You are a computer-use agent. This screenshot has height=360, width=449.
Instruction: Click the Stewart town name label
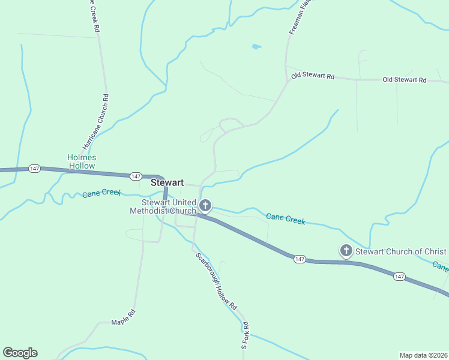pyautogui.click(x=167, y=182)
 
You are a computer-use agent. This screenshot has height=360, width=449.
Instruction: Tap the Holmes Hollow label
pyautogui.click(x=81, y=161)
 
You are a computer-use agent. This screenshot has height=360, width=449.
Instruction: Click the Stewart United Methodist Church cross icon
pyautogui.click(x=205, y=206)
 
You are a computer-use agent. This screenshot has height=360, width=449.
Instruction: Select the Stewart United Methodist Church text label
pyautogui.click(x=163, y=206)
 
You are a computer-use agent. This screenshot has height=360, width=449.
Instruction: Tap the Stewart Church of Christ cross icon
pyautogui.click(x=346, y=251)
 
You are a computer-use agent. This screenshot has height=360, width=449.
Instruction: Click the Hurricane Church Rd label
pyautogui.click(x=95, y=122)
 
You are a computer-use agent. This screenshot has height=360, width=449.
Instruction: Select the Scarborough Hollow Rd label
pyautogui.click(x=217, y=280)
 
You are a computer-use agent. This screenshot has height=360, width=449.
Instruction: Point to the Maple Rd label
pyautogui.click(x=124, y=316)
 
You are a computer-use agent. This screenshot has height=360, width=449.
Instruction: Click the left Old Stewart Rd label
pyautogui.click(x=313, y=76)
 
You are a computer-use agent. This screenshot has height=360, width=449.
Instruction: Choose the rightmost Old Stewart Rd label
pyautogui.click(x=404, y=80)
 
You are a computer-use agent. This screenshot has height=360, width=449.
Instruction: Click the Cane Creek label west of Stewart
pyautogui.click(x=101, y=193)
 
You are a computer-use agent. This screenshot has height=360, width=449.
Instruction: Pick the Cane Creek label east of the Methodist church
pyautogui.click(x=286, y=220)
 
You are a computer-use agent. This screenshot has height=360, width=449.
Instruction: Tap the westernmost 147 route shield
pyautogui.click(x=34, y=169)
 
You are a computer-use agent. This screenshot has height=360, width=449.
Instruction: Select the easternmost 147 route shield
pyautogui.click(x=400, y=276)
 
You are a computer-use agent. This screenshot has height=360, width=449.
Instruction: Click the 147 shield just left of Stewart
pyautogui.click(x=136, y=176)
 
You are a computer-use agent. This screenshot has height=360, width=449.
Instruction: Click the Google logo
pyautogui.click(x=20, y=353)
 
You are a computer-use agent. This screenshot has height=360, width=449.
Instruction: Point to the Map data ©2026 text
pyautogui.click(x=423, y=355)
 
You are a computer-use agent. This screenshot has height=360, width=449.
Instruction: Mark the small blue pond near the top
pyautogui.click(x=256, y=46)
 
